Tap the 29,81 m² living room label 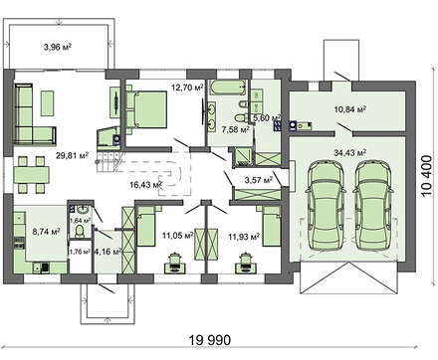coord(72,156)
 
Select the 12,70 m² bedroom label coord(185,89)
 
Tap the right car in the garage coord(368,201)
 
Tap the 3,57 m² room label coord(258,180)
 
